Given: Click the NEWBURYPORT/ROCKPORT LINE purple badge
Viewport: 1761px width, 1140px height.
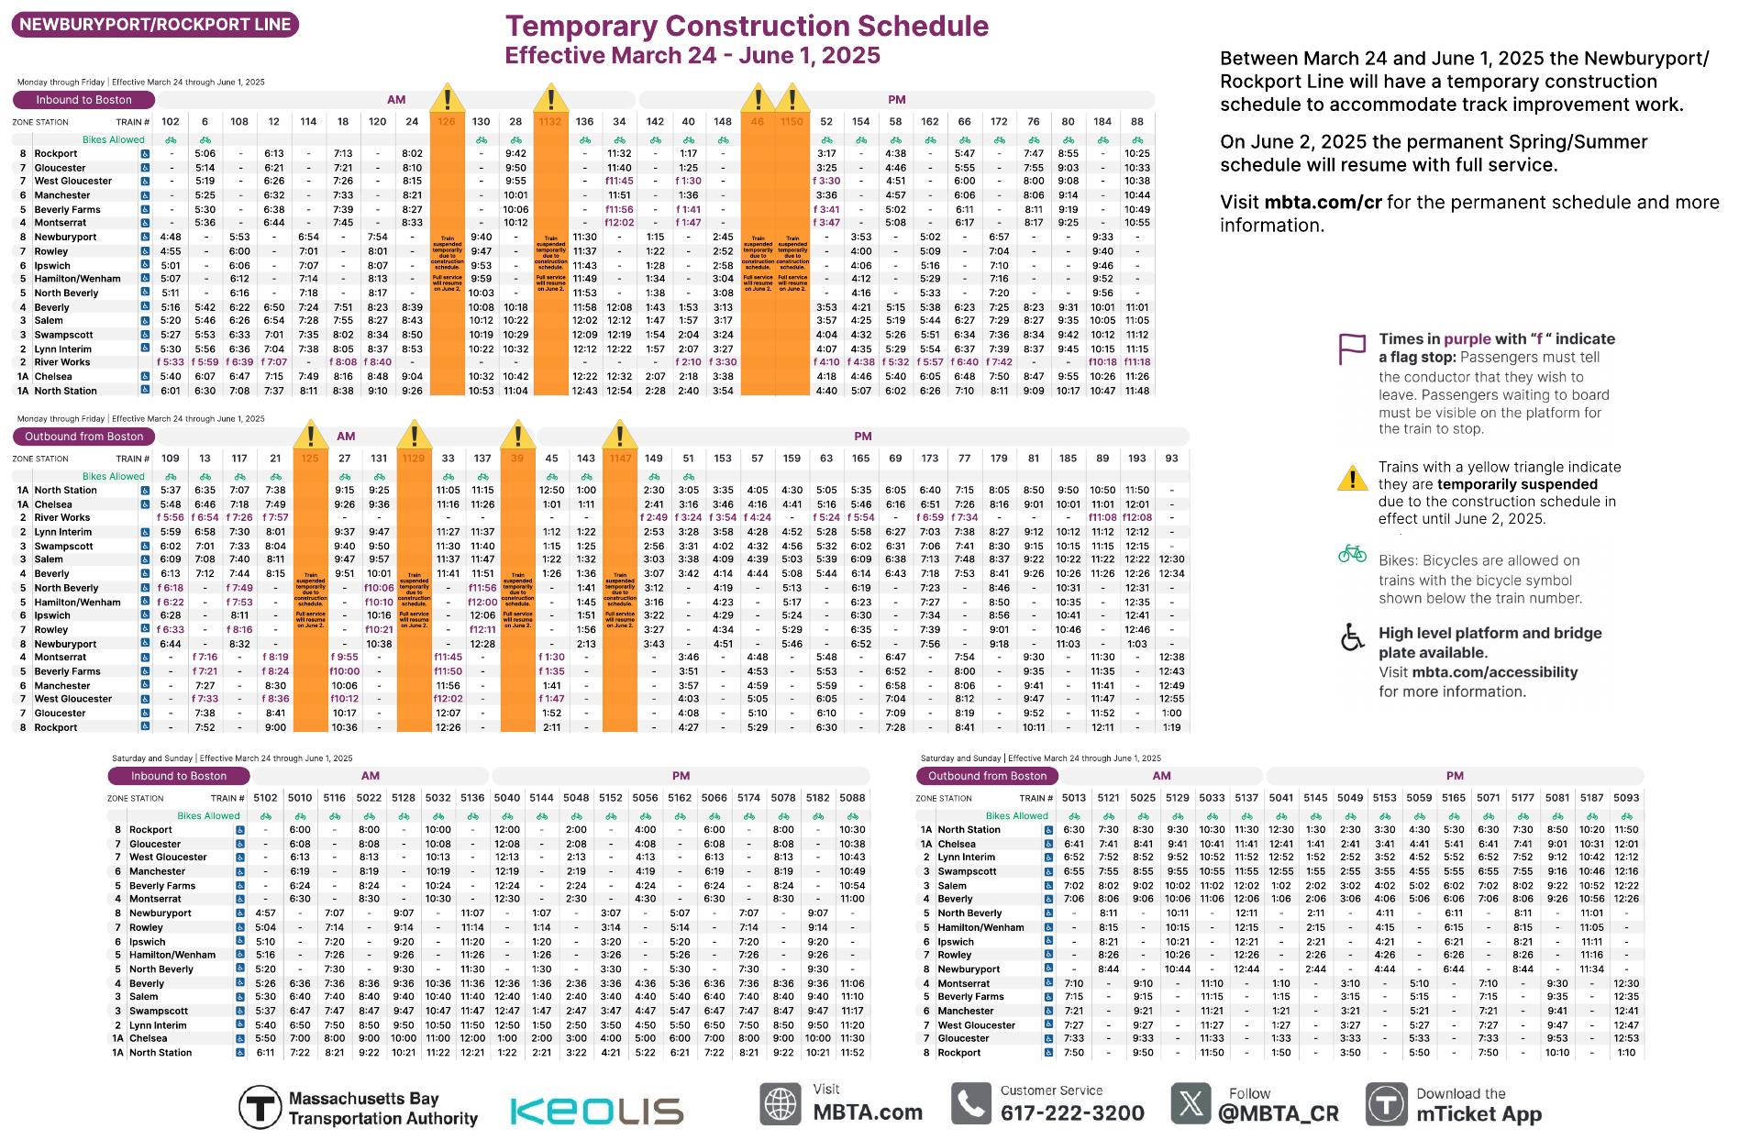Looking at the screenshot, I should pyautogui.click(x=155, y=25).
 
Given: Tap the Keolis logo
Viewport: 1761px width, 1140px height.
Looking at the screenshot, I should pyautogui.click(x=596, y=1111).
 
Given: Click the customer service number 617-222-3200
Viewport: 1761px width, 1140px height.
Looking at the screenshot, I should pyautogui.click(x=1071, y=1113).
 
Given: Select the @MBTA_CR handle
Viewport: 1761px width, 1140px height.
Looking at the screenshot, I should pyautogui.click(x=1278, y=1113).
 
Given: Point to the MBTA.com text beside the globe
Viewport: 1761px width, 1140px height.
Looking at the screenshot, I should pyautogui.click(x=868, y=1112).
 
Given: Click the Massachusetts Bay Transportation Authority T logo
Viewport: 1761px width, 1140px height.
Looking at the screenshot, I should pyautogui.click(x=260, y=1107).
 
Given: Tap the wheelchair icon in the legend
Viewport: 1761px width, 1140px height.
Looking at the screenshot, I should pyautogui.click(x=1352, y=637).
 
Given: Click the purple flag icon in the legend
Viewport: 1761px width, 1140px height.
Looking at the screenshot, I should pyautogui.click(x=1352, y=349).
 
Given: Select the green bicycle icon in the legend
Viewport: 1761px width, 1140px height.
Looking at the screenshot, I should pyautogui.click(x=1352, y=555).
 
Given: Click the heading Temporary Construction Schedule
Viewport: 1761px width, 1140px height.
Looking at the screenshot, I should pyautogui.click(x=747, y=26).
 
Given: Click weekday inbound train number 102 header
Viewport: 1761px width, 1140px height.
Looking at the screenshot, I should pyautogui.click(x=170, y=122).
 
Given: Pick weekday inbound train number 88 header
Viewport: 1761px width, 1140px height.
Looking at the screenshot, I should pyautogui.click(x=1137, y=122).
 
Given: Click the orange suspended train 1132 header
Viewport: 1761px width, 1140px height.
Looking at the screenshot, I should pyautogui.click(x=550, y=122).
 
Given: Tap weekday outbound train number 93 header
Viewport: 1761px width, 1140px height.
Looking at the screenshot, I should pyautogui.click(x=1171, y=459).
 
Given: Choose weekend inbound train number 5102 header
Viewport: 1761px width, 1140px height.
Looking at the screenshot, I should pyautogui.click(x=265, y=798).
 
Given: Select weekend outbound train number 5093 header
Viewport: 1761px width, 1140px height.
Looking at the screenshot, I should pyautogui.click(x=1626, y=798).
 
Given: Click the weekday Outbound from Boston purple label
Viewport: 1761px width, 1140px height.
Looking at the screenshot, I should pyautogui.click(x=84, y=437).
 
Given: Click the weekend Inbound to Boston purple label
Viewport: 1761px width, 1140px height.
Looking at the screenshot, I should pyautogui.click(x=179, y=776).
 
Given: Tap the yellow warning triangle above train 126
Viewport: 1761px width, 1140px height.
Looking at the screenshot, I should pyautogui.click(x=447, y=98).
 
